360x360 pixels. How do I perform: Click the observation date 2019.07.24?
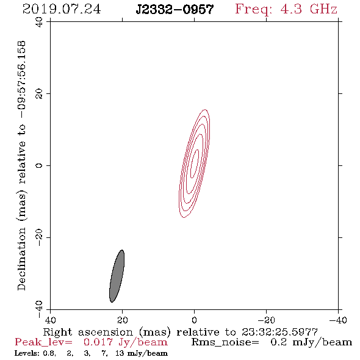[62, 9]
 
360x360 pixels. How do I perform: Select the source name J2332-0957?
[175, 9]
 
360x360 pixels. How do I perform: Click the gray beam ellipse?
[117, 276]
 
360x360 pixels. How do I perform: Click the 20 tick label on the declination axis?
[39, 94]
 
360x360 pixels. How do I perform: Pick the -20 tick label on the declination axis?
[39, 237]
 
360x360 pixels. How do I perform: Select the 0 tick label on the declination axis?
[39, 165]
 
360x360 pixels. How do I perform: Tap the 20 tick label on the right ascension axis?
[123, 320]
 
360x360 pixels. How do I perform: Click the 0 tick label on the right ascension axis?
[194, 320]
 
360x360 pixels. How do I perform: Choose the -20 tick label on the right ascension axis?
[266, 320]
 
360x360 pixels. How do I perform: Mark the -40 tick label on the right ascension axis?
[338, 320]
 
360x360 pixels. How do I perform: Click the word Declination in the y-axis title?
[21, 259]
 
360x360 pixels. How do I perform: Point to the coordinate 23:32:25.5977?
[279, 332]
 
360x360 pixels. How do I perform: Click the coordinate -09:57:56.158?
[21, 79]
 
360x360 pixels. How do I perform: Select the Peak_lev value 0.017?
[98, 342]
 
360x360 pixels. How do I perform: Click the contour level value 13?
[120, 353]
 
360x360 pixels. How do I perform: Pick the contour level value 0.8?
[49, 353]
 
